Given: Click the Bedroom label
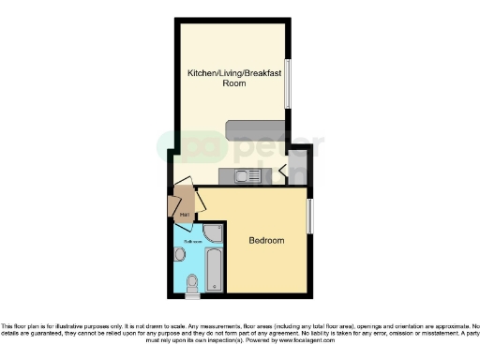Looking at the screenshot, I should point(266,241).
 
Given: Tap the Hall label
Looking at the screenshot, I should point(185,216).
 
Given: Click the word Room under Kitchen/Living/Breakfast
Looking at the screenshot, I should point(234,83).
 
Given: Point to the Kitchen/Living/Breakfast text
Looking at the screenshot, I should point(233,72).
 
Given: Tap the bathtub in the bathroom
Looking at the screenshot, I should point(214,269).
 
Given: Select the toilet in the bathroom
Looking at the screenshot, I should point(192,281).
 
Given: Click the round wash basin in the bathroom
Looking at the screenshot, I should point(179,255).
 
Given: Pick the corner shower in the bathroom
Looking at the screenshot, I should point(215,232).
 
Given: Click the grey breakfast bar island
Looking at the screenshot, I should point(257,128).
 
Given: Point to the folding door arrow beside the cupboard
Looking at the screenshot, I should point(282,172).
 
